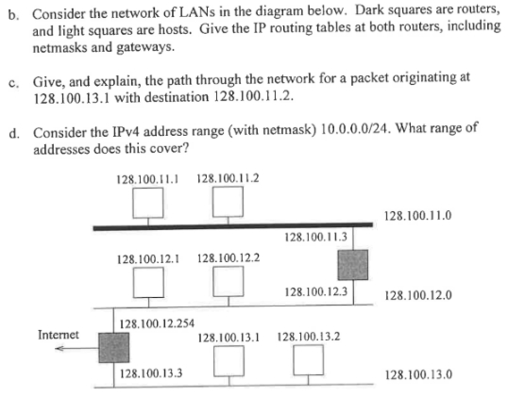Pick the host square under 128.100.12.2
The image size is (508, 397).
point(225,281)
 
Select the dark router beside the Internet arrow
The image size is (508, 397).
point(112,350)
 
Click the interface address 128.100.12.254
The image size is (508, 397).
point(158,323)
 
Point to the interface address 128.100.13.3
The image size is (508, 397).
point(152,373)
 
